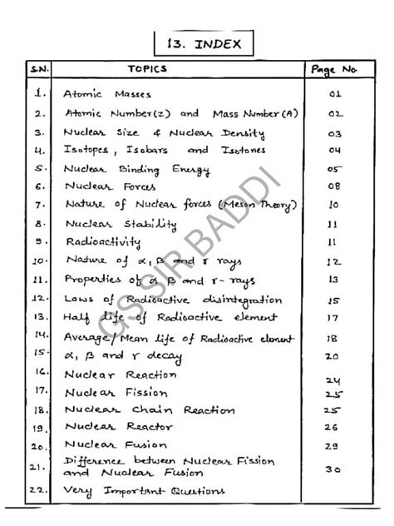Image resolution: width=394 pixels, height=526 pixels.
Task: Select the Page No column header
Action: tap(333, 70)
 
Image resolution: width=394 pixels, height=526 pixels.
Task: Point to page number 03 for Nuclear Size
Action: tap(335, 133)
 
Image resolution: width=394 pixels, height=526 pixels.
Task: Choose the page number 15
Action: tap(335, 300)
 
